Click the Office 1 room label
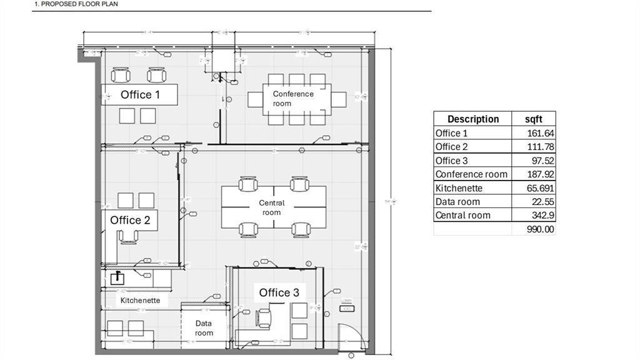tap(140, 94)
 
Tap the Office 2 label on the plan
tap(130, 220)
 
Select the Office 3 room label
tap(279, 292)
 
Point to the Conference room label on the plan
tap(292, 98)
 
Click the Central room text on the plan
tap(272, 207)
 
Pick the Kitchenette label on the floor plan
tap(140, 300)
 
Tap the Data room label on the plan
tap(204, 328)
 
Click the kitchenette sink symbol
tap(117, 278)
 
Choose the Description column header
tap(472, 119)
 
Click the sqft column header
tap(534, 119)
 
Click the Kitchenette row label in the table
tap(459, 188)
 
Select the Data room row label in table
tap(457, 202)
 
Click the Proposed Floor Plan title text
tap(76, 4)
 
